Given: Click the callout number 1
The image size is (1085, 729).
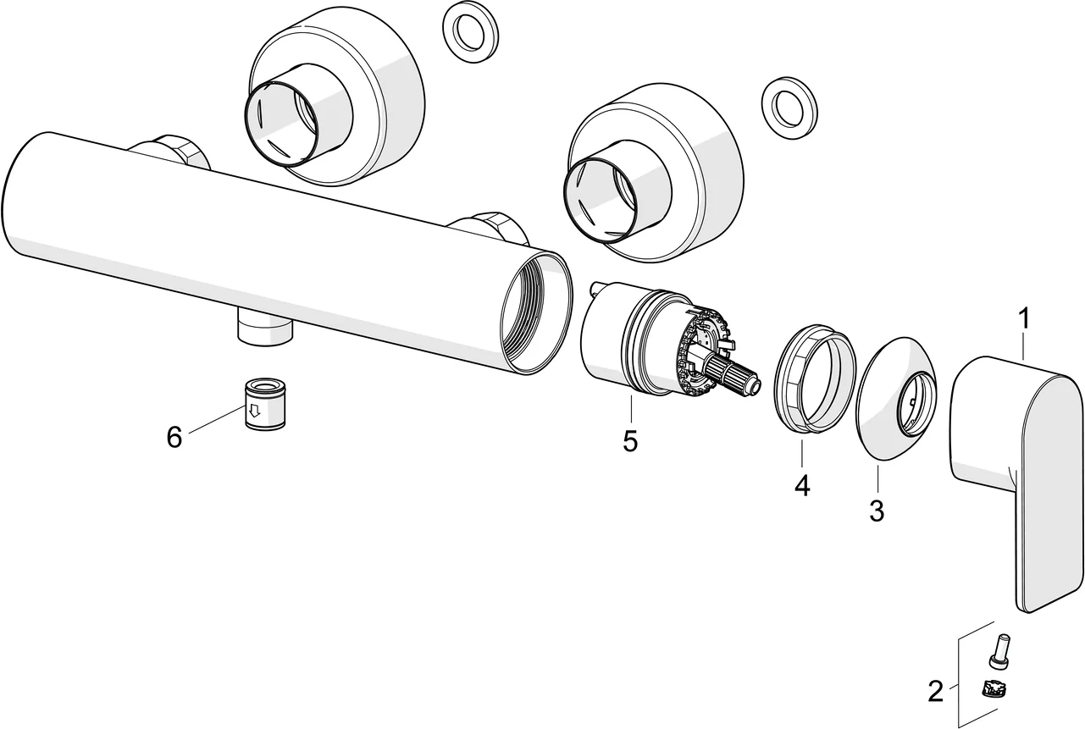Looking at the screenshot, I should point(1024,319).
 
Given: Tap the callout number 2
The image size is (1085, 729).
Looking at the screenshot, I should point(935,692).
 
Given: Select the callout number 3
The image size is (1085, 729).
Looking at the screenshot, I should point(877,511).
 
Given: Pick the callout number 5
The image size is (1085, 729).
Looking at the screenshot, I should point(630,440).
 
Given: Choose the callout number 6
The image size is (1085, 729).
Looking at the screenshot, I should point(174,437).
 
